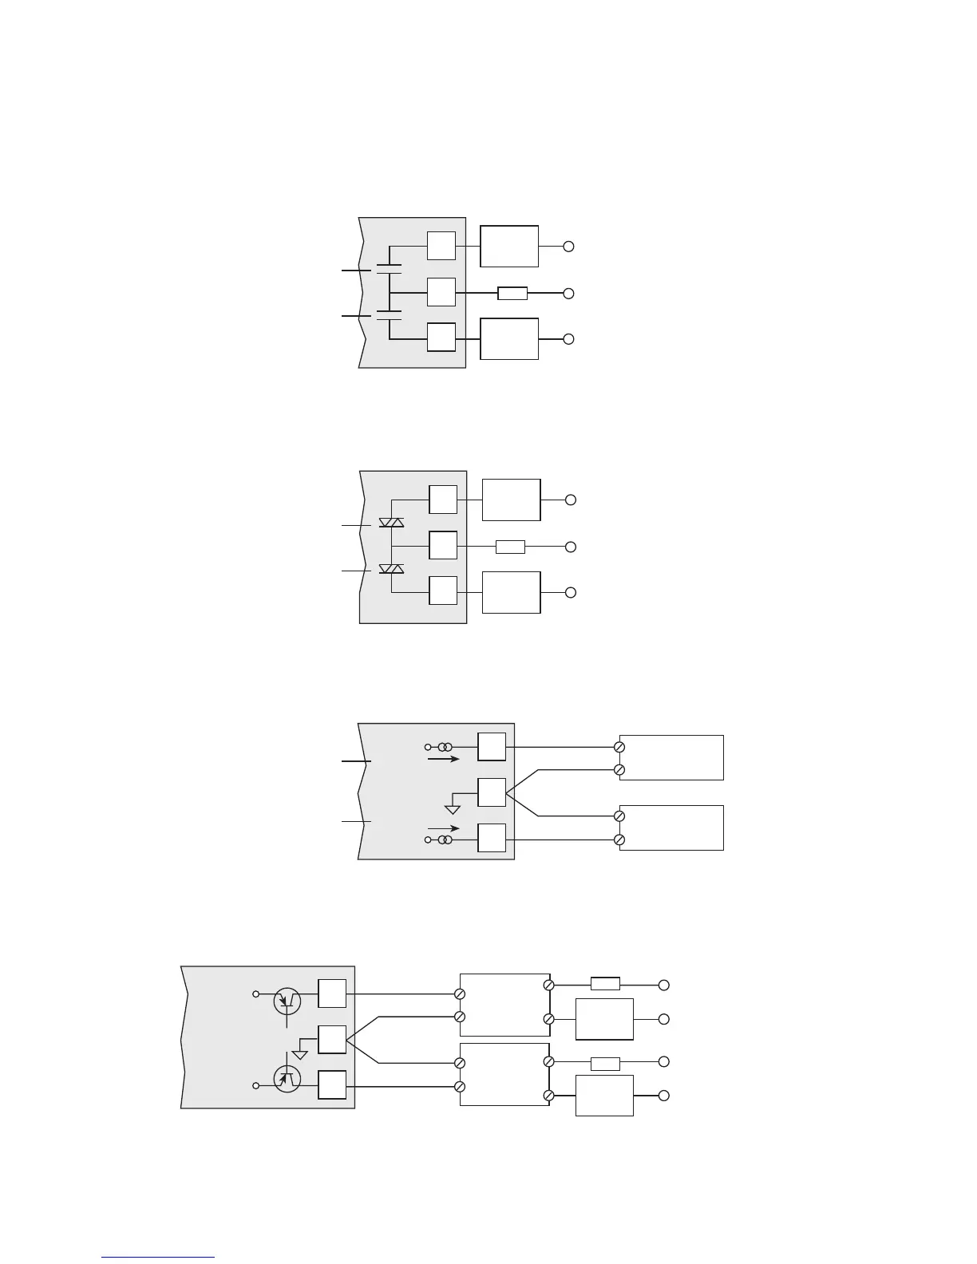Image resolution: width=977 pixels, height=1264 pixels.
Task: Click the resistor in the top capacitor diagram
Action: coord(512,294)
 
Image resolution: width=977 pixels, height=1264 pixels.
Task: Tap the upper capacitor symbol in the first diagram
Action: coord(389,268)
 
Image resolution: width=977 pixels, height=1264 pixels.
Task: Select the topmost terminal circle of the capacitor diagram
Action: coord(568,247)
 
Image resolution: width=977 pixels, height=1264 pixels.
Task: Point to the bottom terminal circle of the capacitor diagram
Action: coord(568,339)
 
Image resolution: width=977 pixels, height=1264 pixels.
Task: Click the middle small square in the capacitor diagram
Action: coord(441,292)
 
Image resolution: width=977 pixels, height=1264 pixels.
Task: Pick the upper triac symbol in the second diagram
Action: coord(391,523)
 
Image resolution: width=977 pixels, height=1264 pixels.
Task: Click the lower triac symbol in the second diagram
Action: coord(391,568)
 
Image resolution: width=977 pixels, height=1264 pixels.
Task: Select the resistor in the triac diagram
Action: coord(510,547)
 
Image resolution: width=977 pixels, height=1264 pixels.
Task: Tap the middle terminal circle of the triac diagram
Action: coord(570,547)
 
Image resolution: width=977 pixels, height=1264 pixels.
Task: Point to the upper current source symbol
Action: coord(445,748)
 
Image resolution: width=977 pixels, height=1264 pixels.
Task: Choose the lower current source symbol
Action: coord(445,840)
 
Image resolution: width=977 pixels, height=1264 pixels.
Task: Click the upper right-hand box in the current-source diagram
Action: coord(671,757)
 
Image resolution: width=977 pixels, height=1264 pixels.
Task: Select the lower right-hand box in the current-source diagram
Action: coord(671,828)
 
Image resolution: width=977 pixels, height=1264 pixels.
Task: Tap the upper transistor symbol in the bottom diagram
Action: coord(287,1001)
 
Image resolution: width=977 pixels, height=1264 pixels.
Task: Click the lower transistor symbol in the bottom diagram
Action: coord(287,1079)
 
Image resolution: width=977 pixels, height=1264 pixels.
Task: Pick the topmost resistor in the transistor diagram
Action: coord(605,984)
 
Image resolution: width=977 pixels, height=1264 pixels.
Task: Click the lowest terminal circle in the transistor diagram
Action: coord(663,1096)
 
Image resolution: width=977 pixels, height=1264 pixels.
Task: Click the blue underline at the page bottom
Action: coord(158,1258)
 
